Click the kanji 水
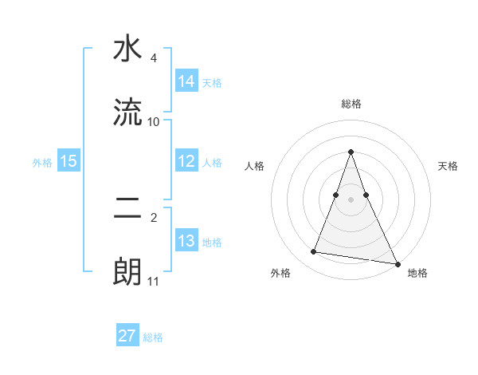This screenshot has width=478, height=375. pos(127,50)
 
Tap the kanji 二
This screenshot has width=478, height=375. pos(127,210)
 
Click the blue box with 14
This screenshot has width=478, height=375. pos(186,81)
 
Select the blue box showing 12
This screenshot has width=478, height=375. pos(186,161)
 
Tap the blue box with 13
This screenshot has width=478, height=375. pos(186,241)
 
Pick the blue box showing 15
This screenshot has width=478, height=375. pos(69,161)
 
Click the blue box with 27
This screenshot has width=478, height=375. pos(127,336)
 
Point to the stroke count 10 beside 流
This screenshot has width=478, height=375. pos(154,122)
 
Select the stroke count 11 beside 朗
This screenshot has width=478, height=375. pos(154,282)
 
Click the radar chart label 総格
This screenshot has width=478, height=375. pos(351,104)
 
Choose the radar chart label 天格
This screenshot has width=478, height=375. pos(449,166)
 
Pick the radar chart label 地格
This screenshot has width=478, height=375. pos(417,273)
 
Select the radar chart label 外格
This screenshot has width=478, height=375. pos(280,273)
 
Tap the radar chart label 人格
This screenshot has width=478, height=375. pos(254,166)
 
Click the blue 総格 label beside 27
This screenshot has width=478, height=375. pos(153,337)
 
